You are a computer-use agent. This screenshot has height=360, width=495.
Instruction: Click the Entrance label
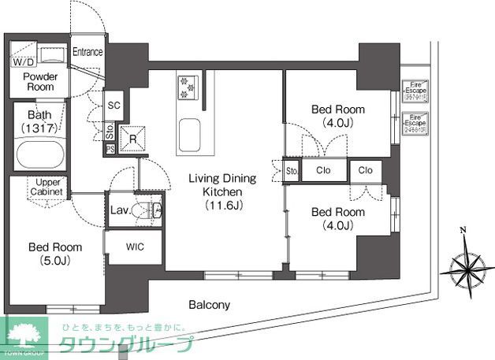coord(87,53)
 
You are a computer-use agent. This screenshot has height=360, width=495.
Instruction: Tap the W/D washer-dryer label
coord(22,61)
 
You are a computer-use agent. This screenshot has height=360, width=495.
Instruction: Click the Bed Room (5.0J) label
coord(55,254)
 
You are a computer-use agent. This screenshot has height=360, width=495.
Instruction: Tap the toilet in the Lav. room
coord(150,210)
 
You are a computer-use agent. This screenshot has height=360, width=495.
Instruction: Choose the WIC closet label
coord(135,247)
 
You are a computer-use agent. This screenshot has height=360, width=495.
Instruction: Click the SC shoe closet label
coord(114,106)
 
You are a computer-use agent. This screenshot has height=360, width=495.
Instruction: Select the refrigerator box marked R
coord(133,138)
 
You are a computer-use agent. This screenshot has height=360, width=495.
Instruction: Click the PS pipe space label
coord(110,148)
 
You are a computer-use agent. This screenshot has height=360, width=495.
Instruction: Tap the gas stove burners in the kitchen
coord(188,87)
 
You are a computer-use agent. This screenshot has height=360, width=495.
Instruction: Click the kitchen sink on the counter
coord(188,133)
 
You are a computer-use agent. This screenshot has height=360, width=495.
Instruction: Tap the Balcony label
coord(208,305)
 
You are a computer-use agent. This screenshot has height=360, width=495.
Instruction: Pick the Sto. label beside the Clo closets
coord(292,170)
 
